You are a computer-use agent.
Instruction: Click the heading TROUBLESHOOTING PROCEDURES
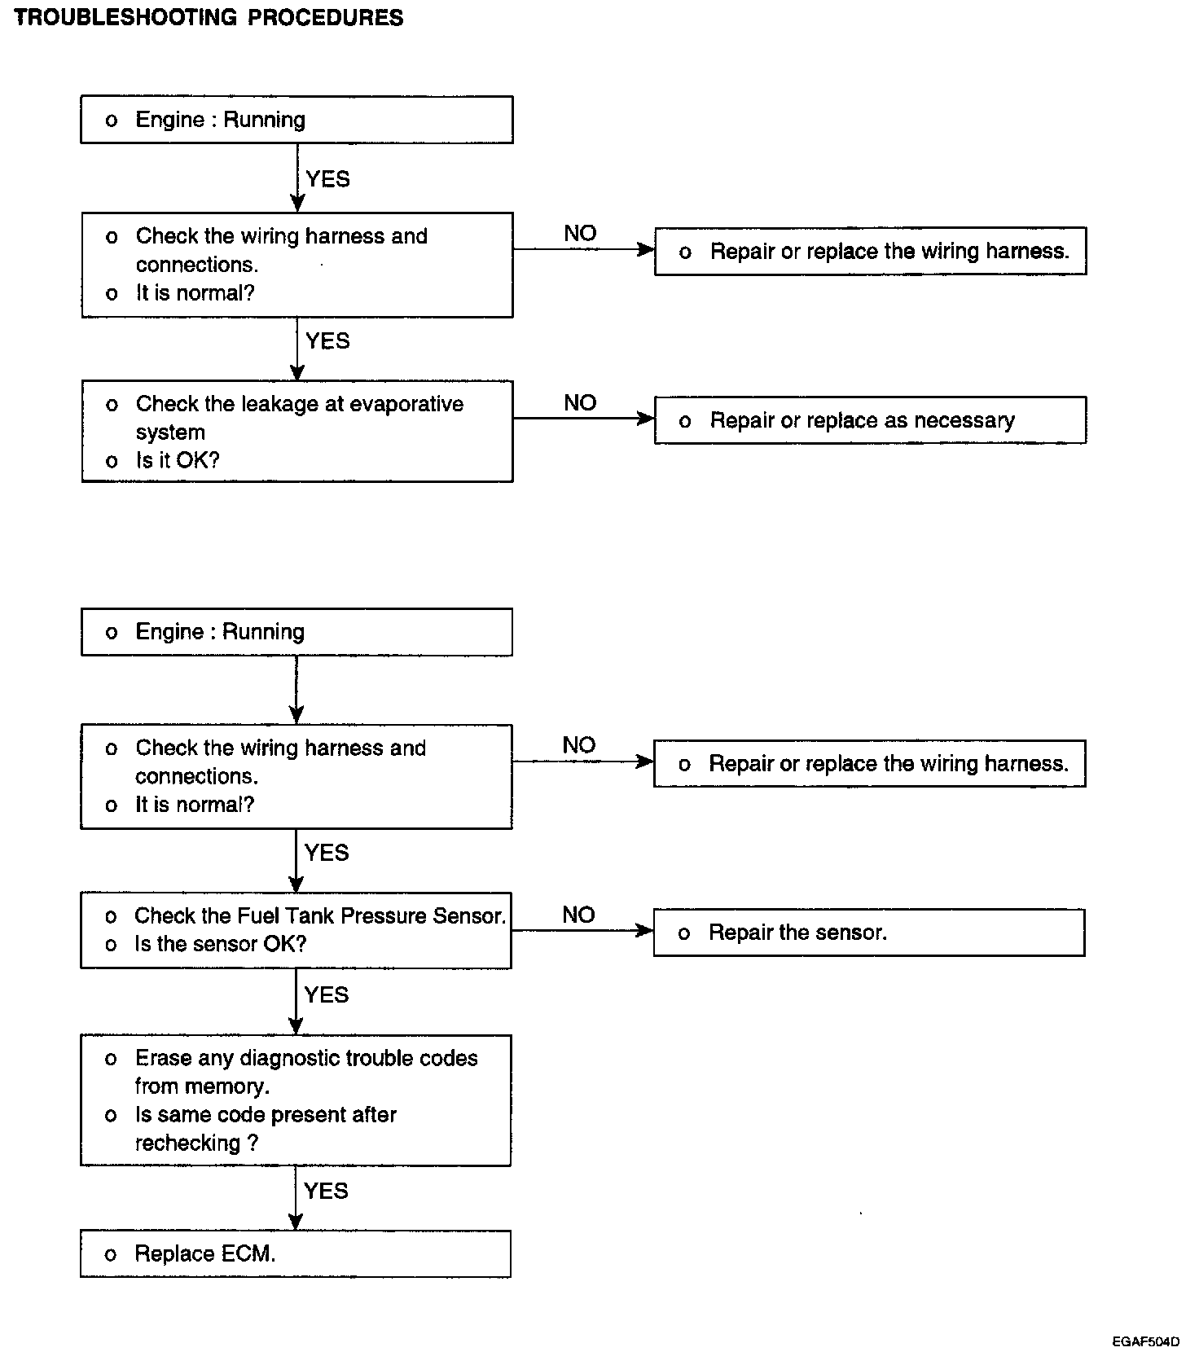[209, 17]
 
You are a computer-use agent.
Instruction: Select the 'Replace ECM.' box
[296, 1253]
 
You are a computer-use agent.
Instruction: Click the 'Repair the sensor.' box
[869, 933]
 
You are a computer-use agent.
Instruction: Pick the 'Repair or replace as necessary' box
[870, 420]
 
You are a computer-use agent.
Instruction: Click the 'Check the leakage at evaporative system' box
[297, 432]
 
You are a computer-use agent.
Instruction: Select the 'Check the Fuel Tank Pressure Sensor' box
[296, 930]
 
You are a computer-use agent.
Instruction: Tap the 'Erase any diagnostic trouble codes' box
[296, 1100]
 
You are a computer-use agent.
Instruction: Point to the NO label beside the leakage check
[580, 402]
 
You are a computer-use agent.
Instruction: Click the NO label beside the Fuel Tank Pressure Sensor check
[578, 915]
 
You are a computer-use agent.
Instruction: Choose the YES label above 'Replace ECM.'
[326, 1191]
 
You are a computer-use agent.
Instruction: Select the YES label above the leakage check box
[327, 340]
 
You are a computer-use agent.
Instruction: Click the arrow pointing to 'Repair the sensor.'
[582, 930]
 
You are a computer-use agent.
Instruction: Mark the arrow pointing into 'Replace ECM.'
[296, 1198]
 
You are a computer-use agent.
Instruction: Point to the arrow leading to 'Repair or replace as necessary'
[584, 418]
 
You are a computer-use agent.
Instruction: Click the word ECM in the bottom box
[249, 1253]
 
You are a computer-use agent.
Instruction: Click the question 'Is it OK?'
[178, 460]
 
